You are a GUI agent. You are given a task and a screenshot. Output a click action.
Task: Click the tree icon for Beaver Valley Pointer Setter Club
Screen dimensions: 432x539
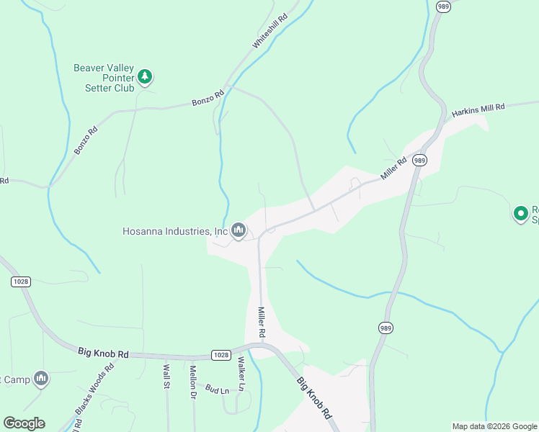(x=145, y=76)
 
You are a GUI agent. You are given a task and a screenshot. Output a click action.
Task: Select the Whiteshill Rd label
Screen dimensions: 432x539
(x=269, y=30)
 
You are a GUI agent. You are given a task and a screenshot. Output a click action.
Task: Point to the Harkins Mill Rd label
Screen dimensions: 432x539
(x=478, y=110)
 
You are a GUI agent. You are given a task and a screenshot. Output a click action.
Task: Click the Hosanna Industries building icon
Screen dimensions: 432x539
(x=239, y=230)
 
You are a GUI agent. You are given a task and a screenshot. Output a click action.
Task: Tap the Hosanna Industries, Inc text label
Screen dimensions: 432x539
(x=175, y=231)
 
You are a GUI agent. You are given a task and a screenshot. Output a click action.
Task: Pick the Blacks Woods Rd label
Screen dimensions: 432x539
(x=94, y=389)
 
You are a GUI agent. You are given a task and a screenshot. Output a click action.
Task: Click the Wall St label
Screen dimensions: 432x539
(x=166, y=376)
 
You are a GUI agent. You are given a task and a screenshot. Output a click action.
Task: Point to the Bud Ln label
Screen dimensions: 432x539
(x=216, y=390)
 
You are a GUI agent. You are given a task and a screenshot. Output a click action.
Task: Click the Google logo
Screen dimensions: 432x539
(x=24, y=423)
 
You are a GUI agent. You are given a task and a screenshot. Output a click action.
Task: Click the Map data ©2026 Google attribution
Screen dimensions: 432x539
(x=494, y=426)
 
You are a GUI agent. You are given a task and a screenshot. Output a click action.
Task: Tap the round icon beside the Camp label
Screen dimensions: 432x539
(x=41, y=378)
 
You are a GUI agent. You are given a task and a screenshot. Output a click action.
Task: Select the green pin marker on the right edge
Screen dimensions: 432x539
(x=521, y=213)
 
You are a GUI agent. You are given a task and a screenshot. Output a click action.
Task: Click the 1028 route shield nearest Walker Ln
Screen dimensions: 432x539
(x=221, y=355)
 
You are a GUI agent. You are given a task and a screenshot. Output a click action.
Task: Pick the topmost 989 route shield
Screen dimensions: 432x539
(x=443, y=7)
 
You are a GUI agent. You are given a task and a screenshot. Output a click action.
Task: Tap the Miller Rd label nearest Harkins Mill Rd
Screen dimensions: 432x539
(x=394, y=169)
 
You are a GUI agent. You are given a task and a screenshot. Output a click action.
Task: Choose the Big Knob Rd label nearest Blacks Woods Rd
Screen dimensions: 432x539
(x=103, y=354)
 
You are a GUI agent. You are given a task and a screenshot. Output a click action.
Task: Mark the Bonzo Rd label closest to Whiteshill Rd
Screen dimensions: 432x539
(x=208, y=99)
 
